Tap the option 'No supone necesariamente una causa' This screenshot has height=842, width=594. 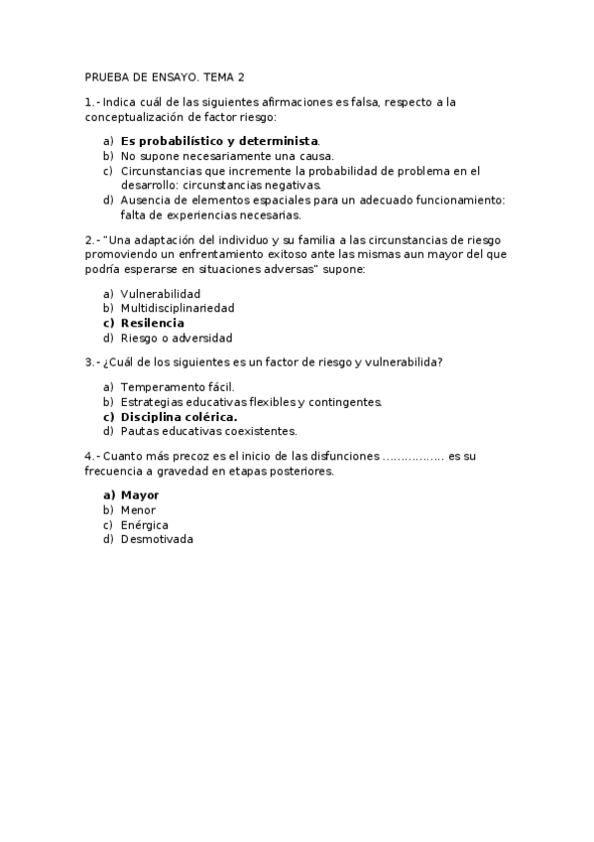[227, 156]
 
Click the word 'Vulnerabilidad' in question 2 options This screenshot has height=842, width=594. [161, 294]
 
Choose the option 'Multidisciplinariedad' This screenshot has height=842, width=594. [178, 308]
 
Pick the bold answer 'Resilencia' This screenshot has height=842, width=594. [152, 323]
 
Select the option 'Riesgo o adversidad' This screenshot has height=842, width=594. [177, 338]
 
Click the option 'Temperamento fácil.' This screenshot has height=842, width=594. [178, 387]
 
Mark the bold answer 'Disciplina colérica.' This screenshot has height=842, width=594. [178, 417]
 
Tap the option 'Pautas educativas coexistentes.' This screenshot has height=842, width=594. [208, 431]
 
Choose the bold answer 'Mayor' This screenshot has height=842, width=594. [140, 495]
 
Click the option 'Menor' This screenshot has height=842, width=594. [138, 510]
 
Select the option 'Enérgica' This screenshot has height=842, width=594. [144, 524]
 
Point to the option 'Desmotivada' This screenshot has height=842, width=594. [157, 539]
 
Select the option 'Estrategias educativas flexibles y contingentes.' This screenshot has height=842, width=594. [251, 402]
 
